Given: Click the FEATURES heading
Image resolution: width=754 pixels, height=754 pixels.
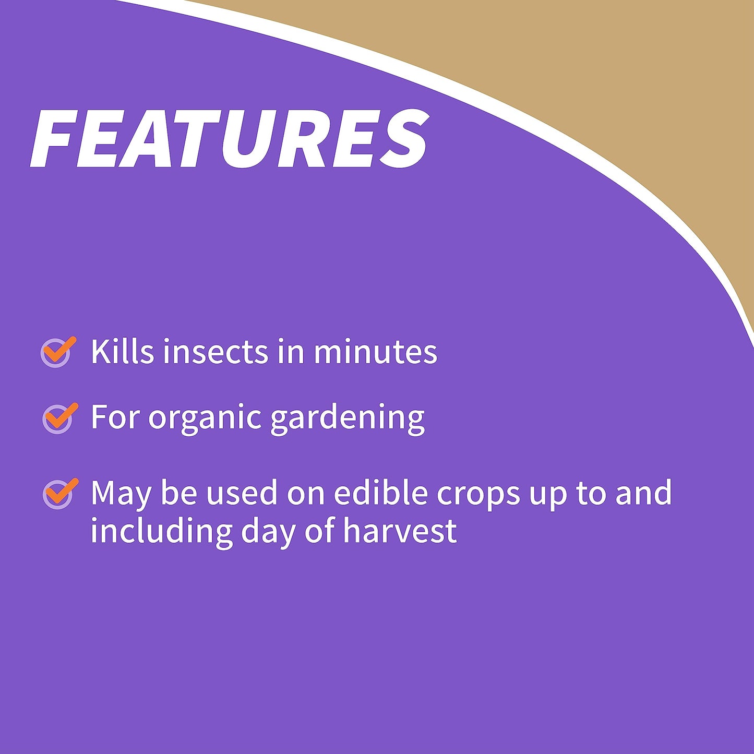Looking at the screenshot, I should (x=230, y=139).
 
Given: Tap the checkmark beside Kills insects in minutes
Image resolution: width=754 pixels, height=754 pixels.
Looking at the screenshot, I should (x=57, y=352).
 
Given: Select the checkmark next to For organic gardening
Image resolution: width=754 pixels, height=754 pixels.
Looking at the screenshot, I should (x=59, y=418).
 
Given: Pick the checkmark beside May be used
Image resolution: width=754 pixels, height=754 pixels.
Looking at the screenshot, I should (x=59, y=493).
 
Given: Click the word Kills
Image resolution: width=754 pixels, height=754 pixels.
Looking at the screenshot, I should (x=122, y=351).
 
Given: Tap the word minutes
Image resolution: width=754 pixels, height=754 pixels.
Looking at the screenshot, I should (x=375, y=351).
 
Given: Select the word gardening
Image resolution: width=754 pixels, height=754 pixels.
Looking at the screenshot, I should (x=347, y=418).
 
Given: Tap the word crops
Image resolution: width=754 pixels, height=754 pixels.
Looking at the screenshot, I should (x=478, y=494).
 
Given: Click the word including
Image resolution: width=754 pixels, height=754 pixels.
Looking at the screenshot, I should (x=160, y=531).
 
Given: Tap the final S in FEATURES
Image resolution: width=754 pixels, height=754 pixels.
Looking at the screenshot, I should (x=403, y=139).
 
